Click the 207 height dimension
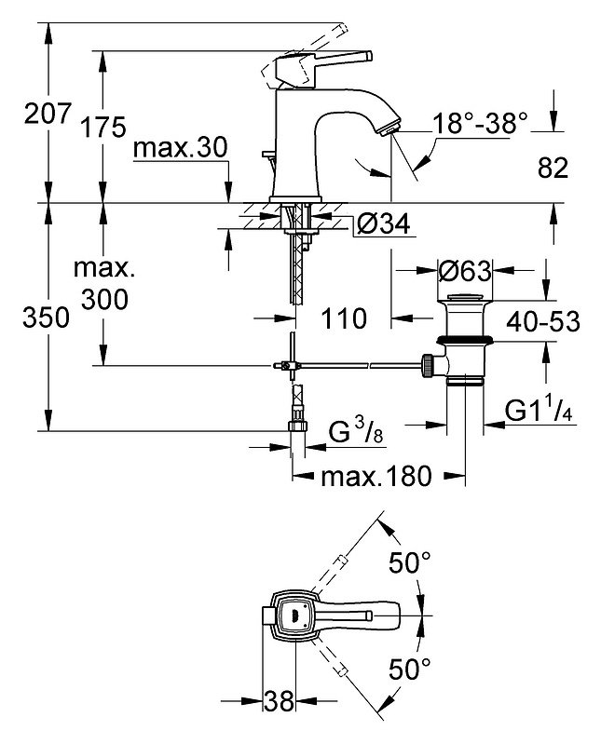(48, 114)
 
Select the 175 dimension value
(103, 128)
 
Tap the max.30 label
(181, 148)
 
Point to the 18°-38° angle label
(480, 123)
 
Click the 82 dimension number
(553, 168)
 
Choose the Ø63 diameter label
(464, 271)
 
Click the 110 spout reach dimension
(344, 318)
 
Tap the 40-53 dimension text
(543, 321)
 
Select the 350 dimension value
(46, 318)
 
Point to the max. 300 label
(104, 284)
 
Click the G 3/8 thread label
(356, 432)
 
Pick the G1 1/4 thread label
(539, 410)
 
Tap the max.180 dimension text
(376, 476)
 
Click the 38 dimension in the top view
(279, 701)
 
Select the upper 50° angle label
(410, 562)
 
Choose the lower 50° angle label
(410, 669)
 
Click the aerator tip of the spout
(390, 129)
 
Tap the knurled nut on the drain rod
(428, 365)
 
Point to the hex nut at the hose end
(298, 425)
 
